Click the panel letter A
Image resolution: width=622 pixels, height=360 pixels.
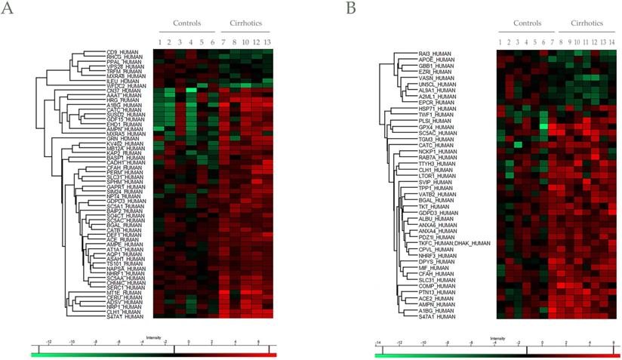(x=8, y=9)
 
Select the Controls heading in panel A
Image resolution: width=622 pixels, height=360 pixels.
(x=186, y=23)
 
